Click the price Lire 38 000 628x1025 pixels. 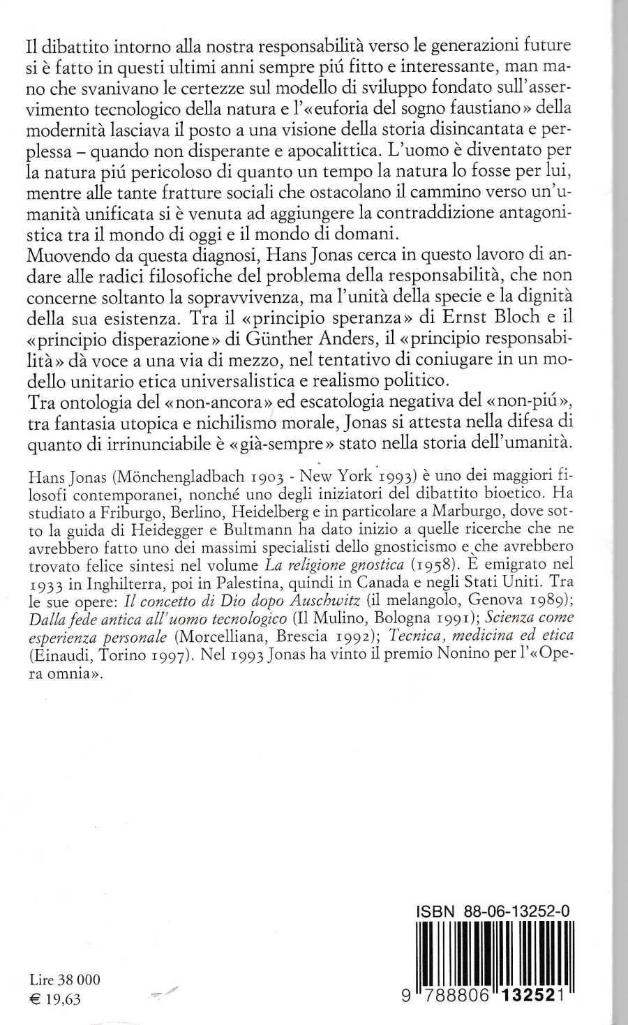[65, 979]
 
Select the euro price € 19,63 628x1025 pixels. [56, 998]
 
